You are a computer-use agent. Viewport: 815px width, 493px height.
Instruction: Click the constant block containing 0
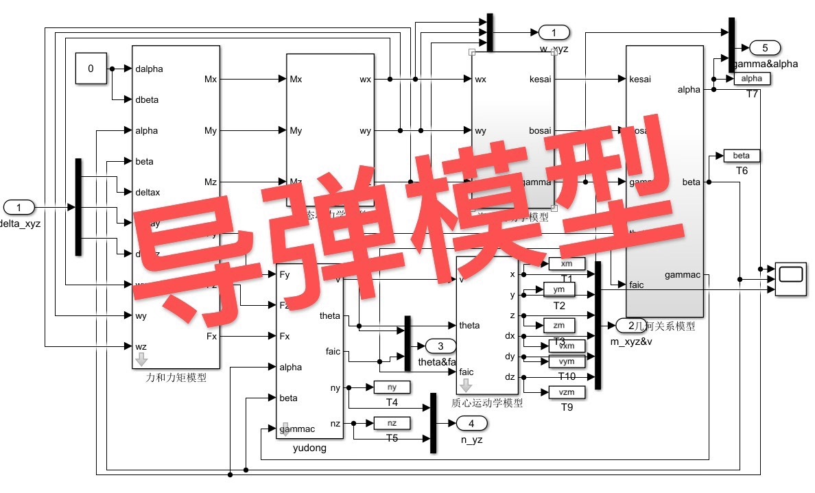tap(91, 68)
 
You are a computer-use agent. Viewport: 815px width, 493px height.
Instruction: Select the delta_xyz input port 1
tap(19, 207)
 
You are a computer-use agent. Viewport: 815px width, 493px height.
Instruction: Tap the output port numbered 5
tap(764, 47)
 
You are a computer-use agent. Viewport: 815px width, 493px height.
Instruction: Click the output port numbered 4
tap(471, 423)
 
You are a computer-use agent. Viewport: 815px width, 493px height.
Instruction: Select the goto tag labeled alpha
tap(752, 79)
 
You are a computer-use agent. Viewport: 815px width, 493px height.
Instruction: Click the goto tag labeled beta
tap(737, 156)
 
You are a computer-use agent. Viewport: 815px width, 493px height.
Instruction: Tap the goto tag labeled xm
tap(567, 264)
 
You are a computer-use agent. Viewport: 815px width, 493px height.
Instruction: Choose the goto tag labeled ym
tap(559, 289)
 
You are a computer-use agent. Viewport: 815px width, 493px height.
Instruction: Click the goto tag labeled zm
tap(559, 324)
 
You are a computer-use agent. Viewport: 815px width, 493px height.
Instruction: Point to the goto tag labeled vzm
tap(567, 392)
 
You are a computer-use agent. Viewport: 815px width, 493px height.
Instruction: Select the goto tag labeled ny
tap(392, 387)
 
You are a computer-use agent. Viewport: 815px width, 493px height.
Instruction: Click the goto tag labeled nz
tap(392, 423)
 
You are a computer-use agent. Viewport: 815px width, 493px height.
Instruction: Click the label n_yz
tap(471, 440)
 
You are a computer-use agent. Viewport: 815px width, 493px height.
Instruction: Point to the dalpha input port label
tap(150, 69)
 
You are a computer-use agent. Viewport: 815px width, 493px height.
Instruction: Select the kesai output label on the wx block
tap(541, 80)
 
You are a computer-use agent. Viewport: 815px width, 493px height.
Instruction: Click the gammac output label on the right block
tap(683, 275)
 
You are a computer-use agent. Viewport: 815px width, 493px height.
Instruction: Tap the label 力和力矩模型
tap(176, 376)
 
